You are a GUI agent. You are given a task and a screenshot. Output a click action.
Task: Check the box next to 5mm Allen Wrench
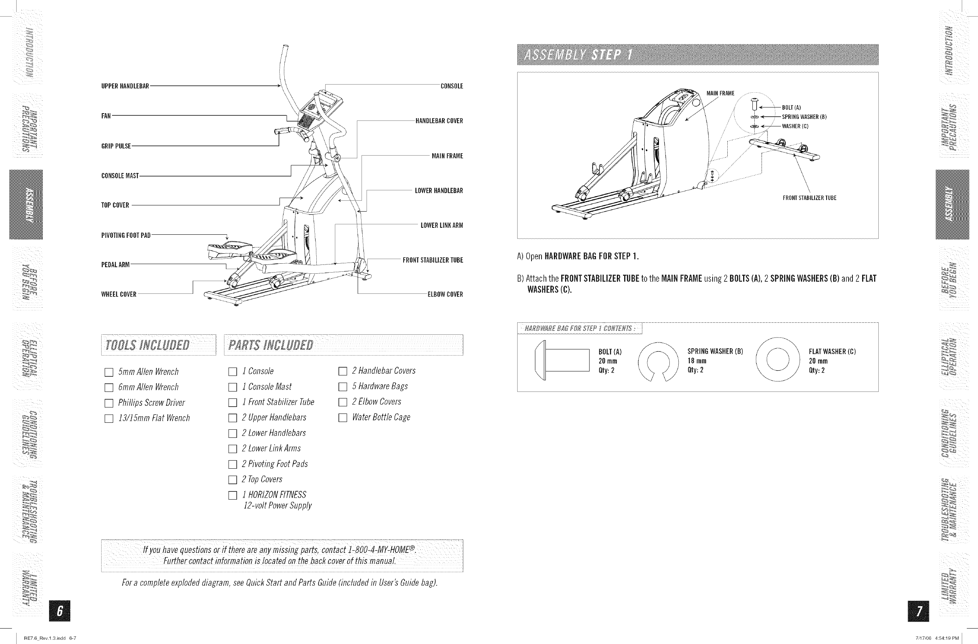click(109, 373)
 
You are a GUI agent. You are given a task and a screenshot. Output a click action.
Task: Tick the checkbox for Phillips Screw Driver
click(109, 403)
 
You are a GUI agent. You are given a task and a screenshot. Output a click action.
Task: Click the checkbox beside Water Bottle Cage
click(342, 418)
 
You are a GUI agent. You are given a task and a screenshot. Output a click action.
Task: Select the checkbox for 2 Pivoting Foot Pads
click(233, 464)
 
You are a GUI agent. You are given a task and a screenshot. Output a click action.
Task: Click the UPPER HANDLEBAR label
click(125, 86)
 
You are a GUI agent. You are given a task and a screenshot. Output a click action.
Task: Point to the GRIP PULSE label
click(116, 146)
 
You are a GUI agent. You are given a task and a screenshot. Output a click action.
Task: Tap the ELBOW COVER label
click(445, 295)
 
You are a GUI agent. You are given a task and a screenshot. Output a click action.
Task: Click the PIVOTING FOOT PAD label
click(126, 236)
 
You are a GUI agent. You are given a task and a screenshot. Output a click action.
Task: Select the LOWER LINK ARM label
click(442, 225)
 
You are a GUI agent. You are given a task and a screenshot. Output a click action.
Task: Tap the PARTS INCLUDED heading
click(271, 345)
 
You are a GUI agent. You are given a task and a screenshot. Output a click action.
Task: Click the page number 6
click(59, 611)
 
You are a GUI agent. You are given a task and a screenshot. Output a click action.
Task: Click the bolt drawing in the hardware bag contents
click(562, 360)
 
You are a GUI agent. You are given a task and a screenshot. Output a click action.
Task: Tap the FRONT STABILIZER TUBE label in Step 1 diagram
click(809, 198)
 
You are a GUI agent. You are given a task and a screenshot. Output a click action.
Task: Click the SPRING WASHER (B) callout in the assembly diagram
click(804, 117)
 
